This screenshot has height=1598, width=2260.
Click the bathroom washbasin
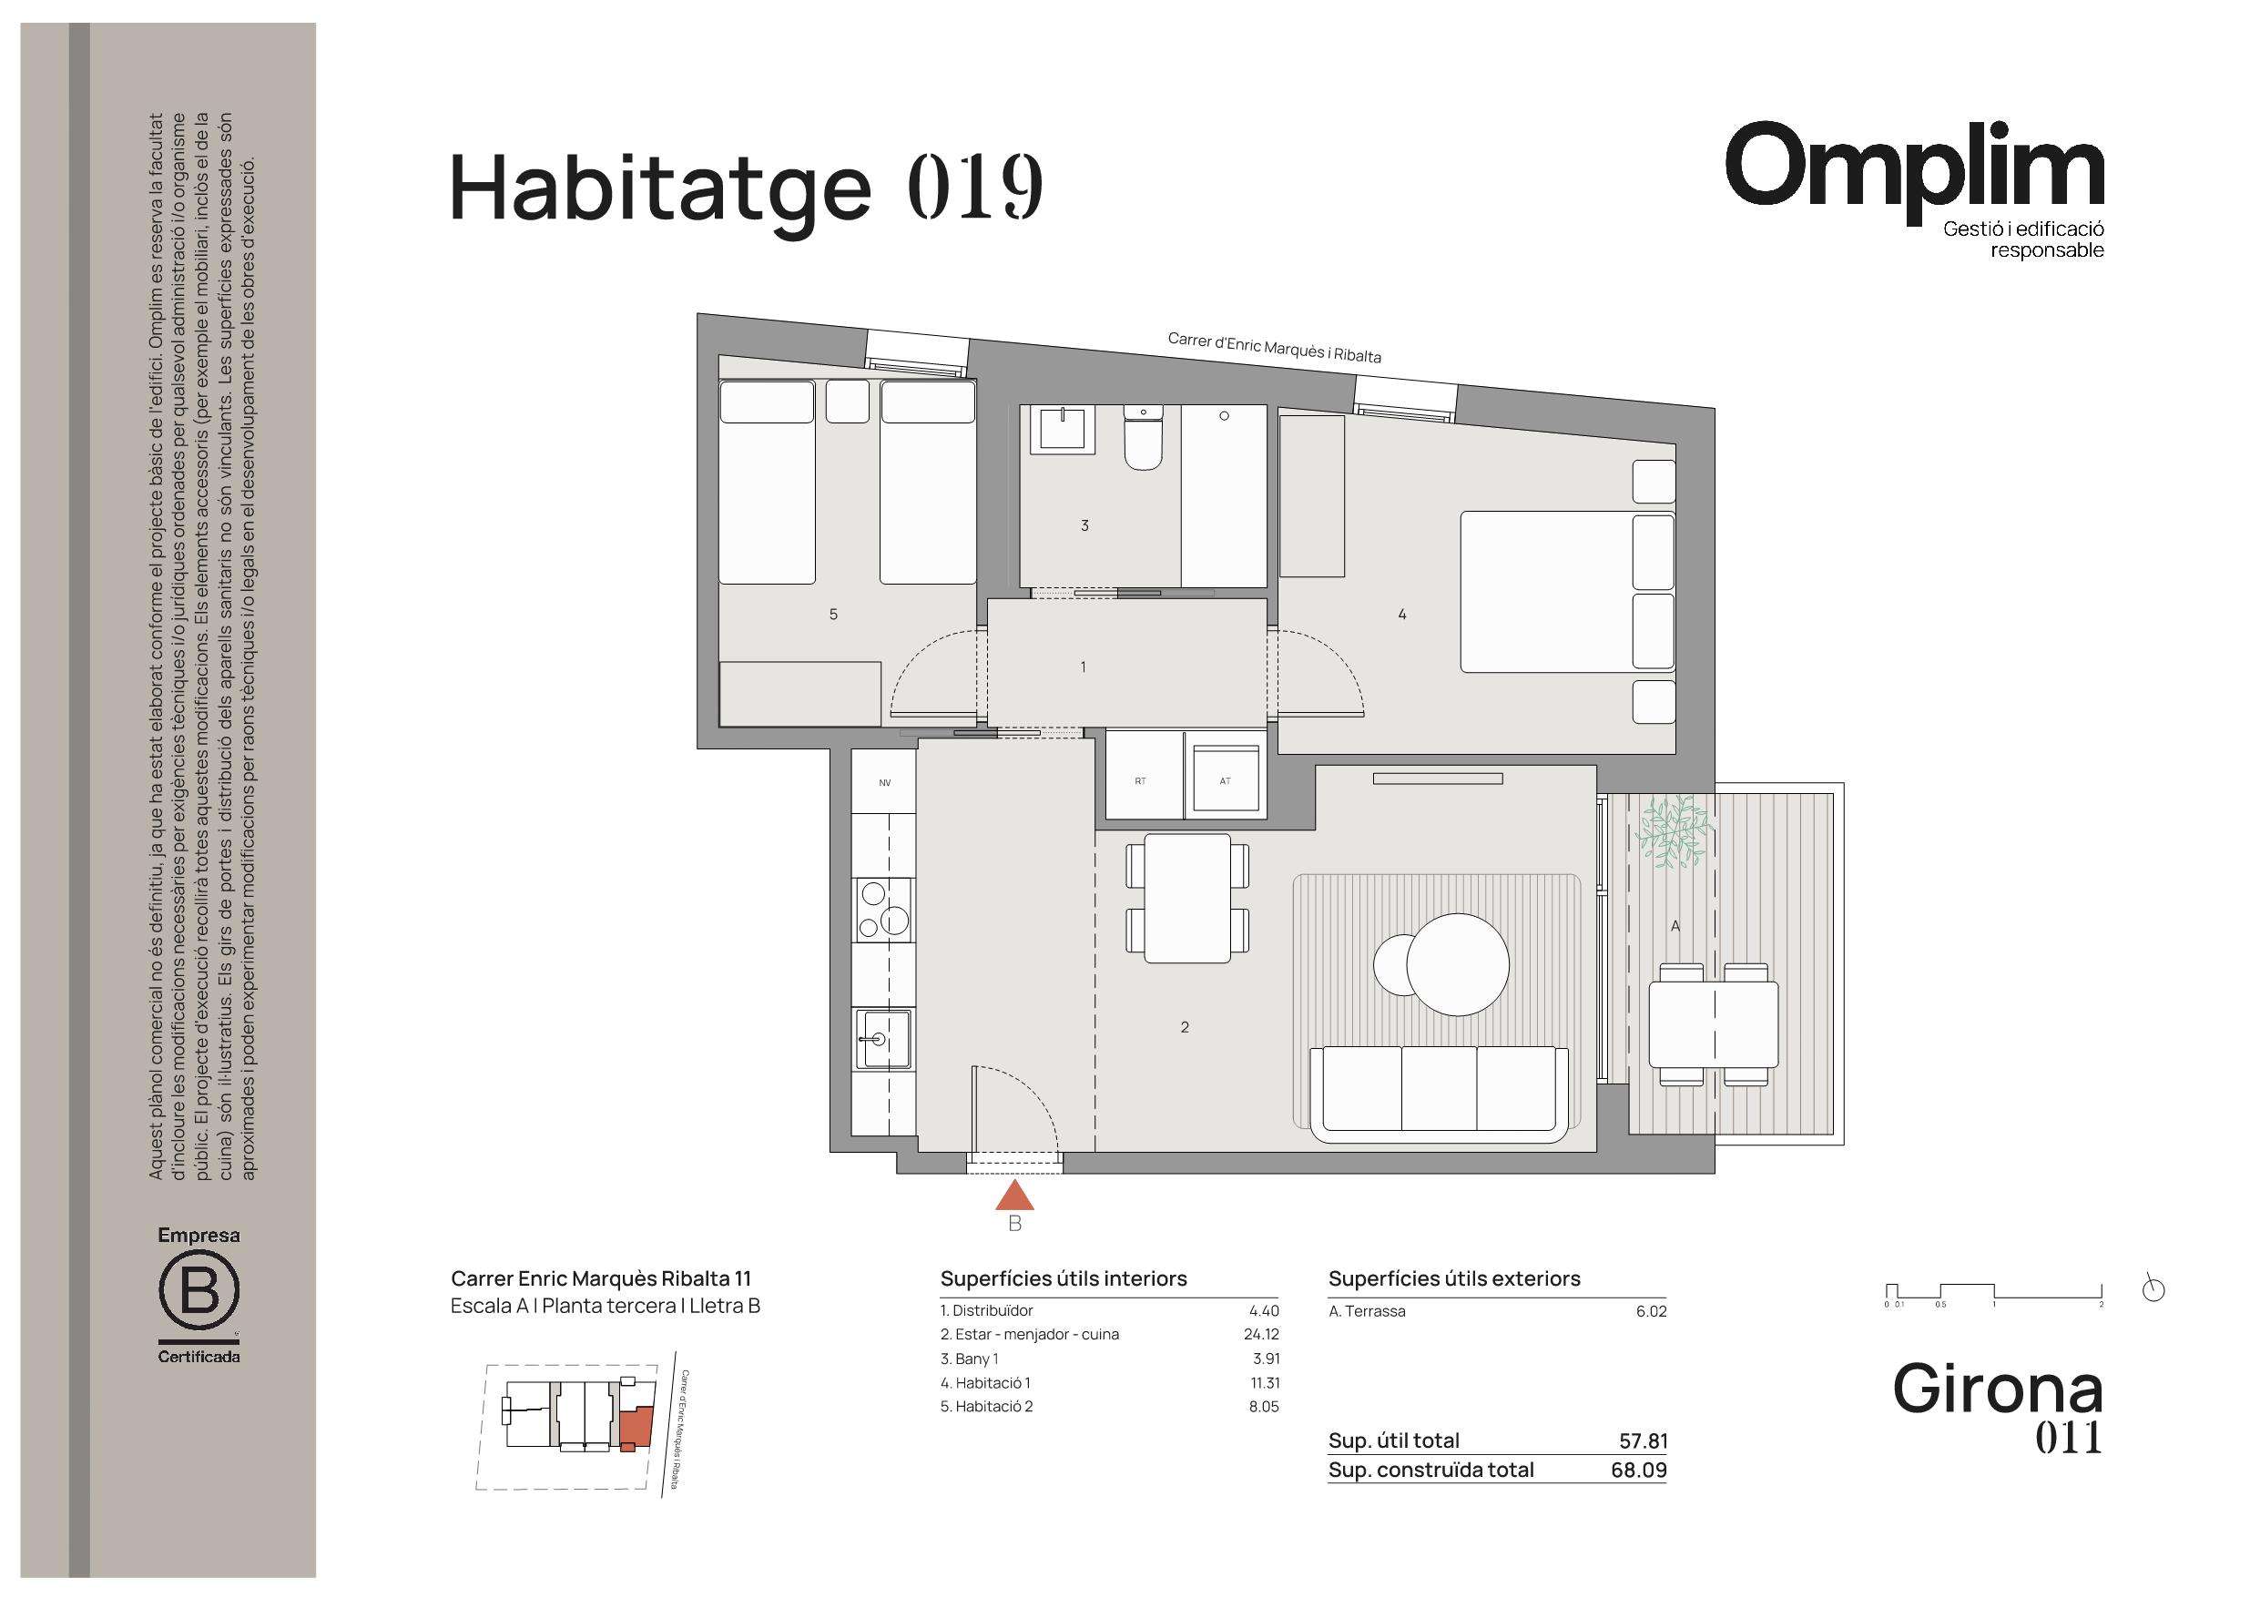click(x=1062, y=431)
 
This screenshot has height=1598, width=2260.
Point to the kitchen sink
click(x=883, y=1039)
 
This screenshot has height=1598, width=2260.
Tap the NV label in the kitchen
click(x=885, y=783)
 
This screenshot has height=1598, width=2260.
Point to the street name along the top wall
click(x=1274, y=347)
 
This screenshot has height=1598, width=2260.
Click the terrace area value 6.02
click(x=1651, y=1311)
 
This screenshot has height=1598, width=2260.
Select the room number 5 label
click(x=834, y=615)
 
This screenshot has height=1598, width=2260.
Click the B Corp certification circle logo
click(x=199, y=1291)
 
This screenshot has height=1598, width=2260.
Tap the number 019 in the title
click(x=974, y=186)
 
